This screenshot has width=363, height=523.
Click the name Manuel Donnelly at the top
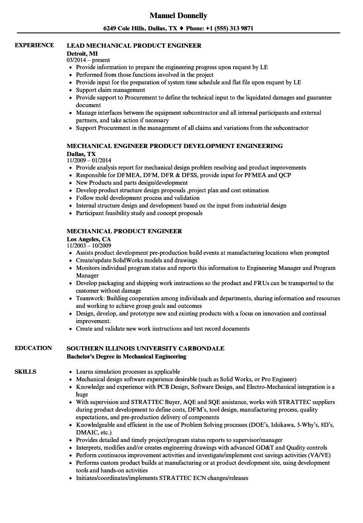coord(178,16)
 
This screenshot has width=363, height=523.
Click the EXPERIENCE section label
coord(34,45)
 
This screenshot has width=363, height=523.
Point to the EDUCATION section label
coord(33,348)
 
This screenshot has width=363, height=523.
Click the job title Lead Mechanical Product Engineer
coord(134,45)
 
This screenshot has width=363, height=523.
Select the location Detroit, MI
coord(82,53)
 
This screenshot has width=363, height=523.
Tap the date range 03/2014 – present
coord(88,60)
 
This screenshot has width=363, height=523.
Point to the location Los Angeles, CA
coord(89,239)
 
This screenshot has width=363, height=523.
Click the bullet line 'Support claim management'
coord(110,90)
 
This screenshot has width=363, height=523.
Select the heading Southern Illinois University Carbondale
coord(146,348)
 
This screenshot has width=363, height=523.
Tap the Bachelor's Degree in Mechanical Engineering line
coord(127,356)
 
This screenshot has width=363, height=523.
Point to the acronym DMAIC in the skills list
coord(86,432)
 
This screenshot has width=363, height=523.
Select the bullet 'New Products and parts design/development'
coord(132,183)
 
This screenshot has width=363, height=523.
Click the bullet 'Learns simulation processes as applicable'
coord(127,372)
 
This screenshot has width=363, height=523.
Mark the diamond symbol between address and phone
coord(181,29)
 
